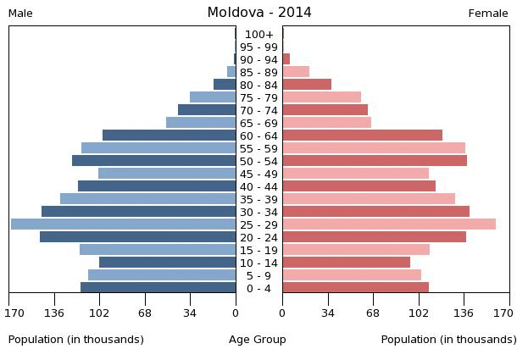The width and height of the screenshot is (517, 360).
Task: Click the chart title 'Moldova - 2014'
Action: click(258, 13)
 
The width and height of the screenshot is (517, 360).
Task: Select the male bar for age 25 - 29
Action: click(123, 224)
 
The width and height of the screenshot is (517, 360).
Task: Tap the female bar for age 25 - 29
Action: click(389, 224)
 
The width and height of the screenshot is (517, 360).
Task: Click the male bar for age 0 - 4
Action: click(158, 288)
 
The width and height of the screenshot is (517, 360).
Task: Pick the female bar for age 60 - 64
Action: click(362, 136)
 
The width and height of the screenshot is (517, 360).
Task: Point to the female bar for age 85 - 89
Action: click(296, 72)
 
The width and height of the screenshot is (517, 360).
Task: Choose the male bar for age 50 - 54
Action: click(153, 161)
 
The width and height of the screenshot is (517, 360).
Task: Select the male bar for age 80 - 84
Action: click(225, 85)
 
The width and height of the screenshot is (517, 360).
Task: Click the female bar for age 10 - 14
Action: click(346, 263)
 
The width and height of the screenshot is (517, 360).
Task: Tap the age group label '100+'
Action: click(258, 34)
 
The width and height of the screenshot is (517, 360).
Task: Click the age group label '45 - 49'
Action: click(258, 174)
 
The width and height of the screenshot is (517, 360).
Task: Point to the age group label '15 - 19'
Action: click(258, 250)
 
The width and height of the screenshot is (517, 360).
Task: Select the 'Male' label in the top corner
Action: click(20, 14)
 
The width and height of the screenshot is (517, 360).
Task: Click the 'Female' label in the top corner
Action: click(488, 14)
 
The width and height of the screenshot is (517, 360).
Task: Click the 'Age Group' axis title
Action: click(258, 340)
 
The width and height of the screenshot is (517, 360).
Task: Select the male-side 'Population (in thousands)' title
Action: click(76, 340)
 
